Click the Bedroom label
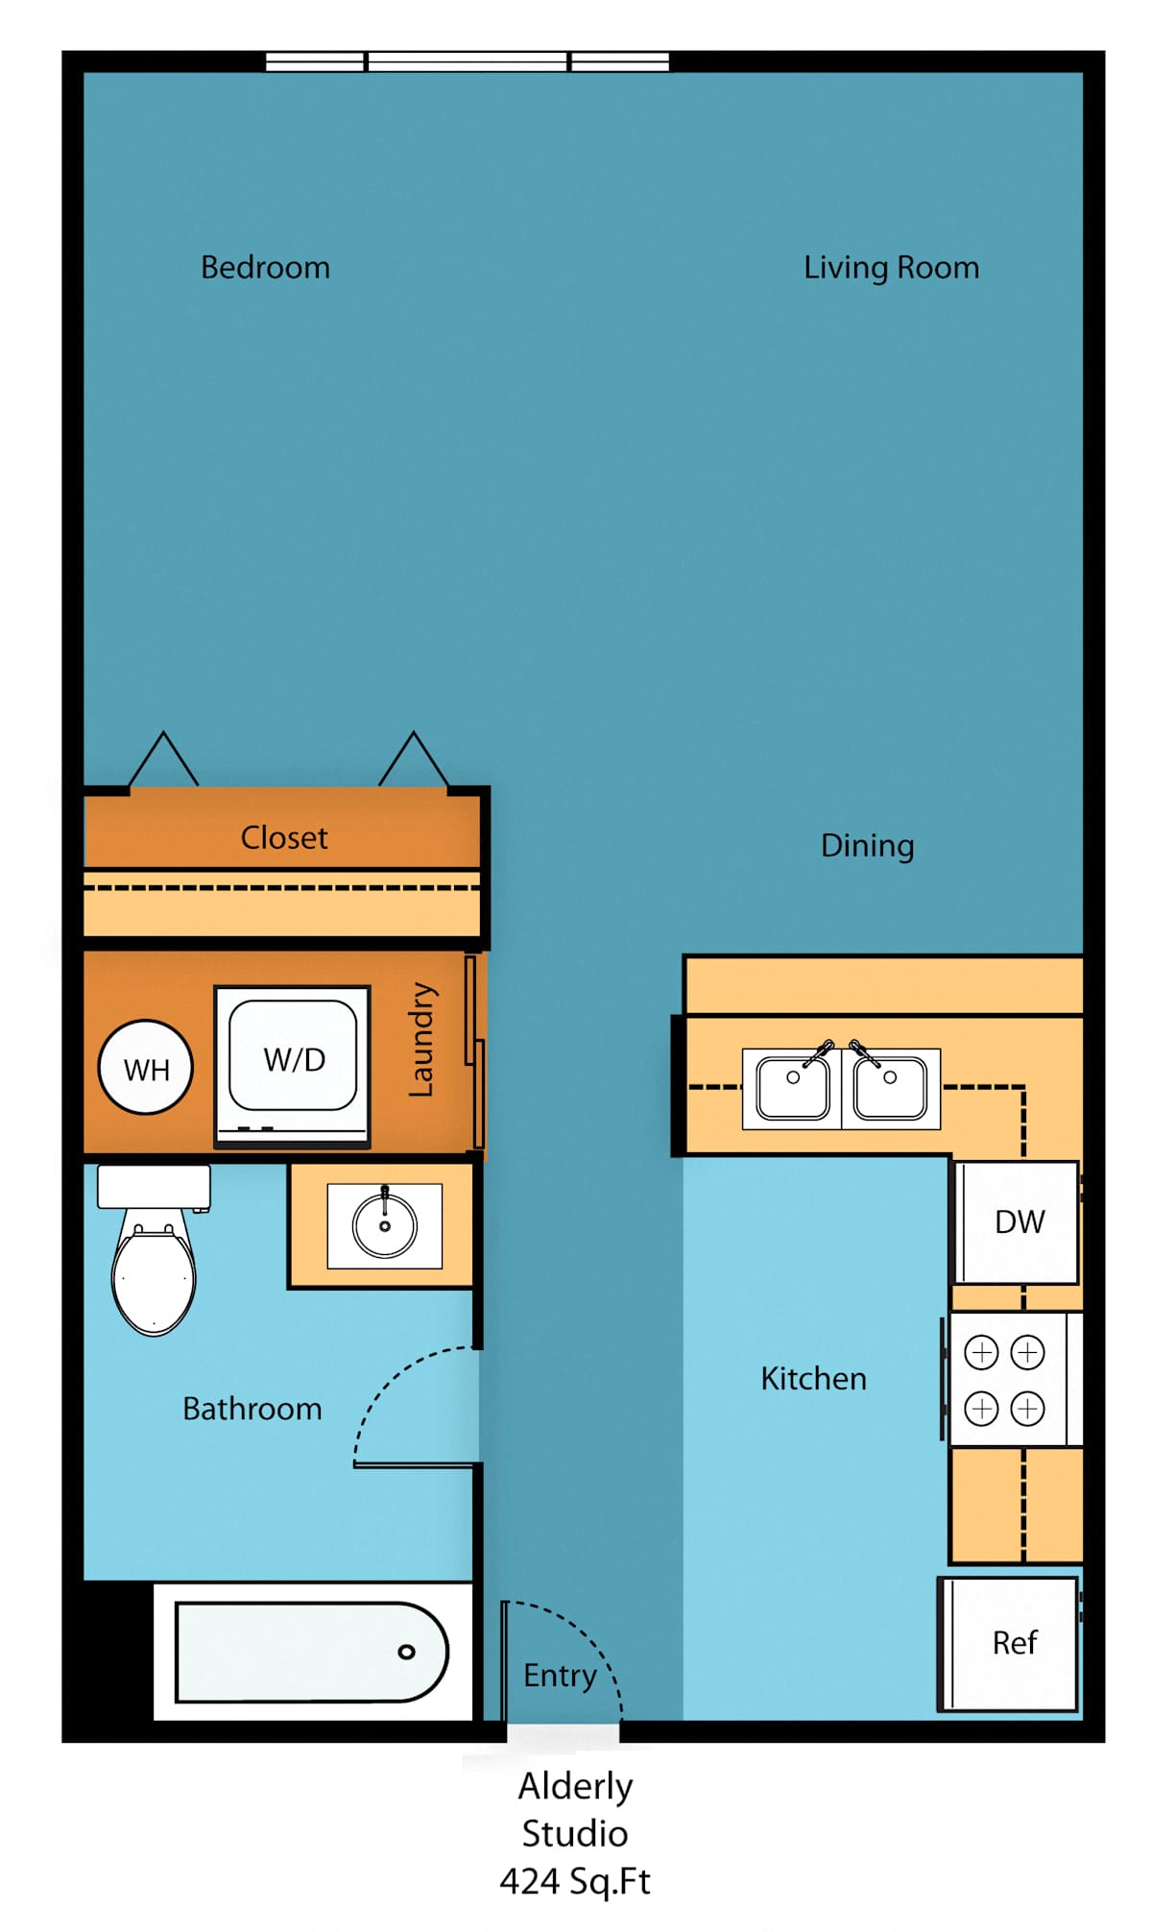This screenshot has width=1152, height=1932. [x=265, y=267]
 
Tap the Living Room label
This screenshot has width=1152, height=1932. [x=892, y=267]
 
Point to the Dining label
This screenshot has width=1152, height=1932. [x=868, y=846]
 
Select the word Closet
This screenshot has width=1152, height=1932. [x=284, y=837]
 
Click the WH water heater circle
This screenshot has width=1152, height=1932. [x=146, y=1067]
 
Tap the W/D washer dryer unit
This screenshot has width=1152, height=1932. [x=293, y=1066]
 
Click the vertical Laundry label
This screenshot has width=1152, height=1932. [x=421, y=1039]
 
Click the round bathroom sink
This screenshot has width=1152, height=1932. [x=385, y=1226]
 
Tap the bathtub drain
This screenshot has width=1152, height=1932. [x=407, y=1652]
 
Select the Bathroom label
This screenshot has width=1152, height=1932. [x=252, y=1409]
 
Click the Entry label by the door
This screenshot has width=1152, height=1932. [x=560, y=1676]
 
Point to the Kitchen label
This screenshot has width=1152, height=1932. [x=814, y=1379]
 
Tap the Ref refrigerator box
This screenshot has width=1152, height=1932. [x=1010, y=1643]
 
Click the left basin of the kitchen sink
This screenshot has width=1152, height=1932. [x=793, y=1087]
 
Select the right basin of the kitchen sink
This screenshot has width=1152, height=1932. [x=890, y=1087]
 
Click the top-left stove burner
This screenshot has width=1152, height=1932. [x=981, y=1353]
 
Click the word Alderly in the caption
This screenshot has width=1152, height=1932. [x=576, y=1786]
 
